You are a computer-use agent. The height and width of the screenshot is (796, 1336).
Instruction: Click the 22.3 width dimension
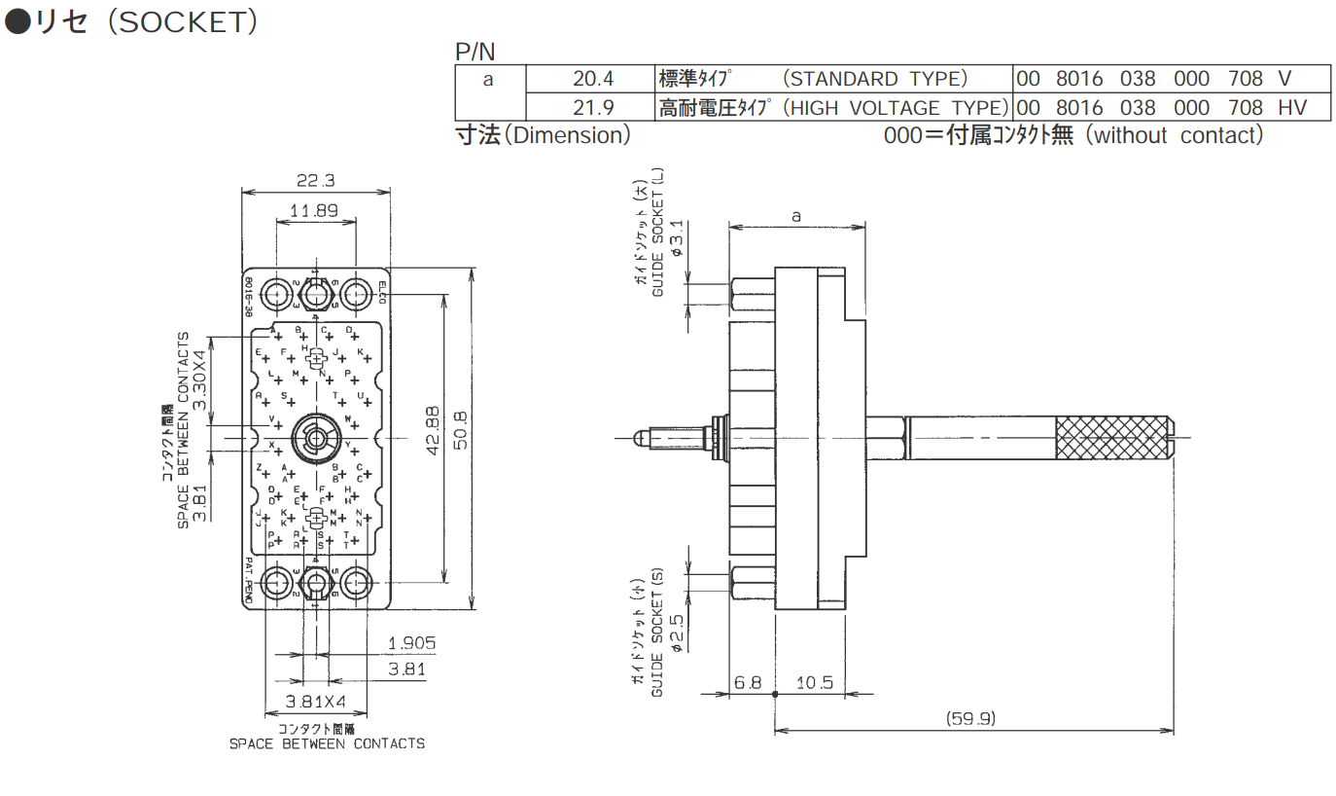[314, 180]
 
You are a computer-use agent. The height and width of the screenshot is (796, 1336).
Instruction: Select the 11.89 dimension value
[313, 210]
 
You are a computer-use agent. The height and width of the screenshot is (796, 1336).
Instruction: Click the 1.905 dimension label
[411, 643]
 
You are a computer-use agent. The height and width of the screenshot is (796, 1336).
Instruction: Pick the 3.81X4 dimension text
[315, 702]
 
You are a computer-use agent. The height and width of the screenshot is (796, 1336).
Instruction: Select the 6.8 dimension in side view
[748, 682]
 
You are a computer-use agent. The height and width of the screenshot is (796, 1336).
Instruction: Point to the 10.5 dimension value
[814, 682]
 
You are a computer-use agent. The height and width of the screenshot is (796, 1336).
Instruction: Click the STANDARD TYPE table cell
[833, 79]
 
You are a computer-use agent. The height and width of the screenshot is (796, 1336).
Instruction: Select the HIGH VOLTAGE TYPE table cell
[833, 107]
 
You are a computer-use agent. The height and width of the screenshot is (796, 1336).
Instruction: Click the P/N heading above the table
[475, 52]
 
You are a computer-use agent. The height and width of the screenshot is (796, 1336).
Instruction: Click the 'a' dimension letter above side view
[796, 216]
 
